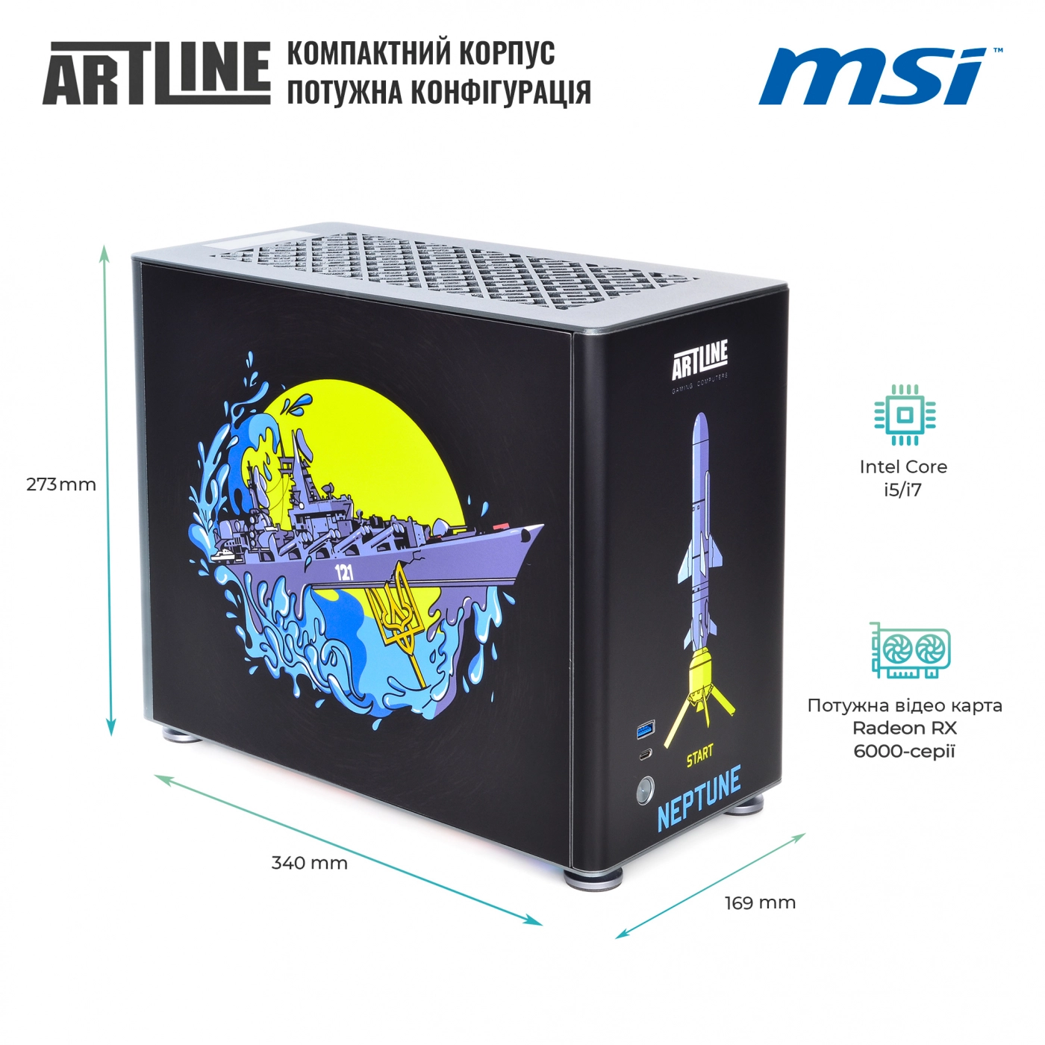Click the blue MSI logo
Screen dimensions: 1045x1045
879,76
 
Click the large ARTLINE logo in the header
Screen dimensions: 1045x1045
156,73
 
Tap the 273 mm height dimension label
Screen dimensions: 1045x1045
61,484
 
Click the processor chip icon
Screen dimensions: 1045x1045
905,416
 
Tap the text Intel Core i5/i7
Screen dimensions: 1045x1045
903,478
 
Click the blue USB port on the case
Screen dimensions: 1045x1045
646,730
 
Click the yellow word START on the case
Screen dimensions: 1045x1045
699,756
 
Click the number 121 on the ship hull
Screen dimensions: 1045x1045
344,572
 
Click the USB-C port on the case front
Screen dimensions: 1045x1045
645,755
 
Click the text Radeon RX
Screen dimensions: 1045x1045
904,728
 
